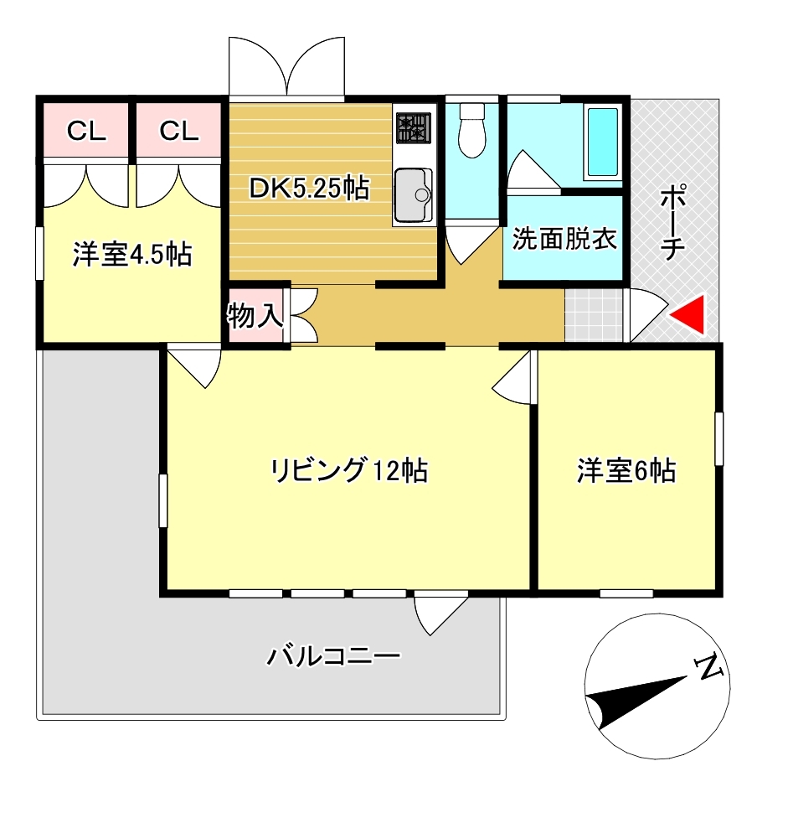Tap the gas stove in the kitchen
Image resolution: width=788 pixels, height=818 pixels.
(414, 127)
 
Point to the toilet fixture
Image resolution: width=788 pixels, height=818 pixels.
(472, 130)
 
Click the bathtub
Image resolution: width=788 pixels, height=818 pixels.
(603, 142)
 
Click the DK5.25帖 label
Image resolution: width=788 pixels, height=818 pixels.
(310, 189)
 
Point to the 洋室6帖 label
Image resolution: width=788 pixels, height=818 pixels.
(626, 470)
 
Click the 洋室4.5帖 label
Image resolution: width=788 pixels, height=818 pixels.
(132, 255)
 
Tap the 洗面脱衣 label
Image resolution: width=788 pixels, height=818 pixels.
(564, 239)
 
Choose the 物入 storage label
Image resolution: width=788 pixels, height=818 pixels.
(255, 316)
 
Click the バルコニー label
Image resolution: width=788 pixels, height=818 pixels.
(333, 655)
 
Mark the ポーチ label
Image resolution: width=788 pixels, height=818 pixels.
(672, 222)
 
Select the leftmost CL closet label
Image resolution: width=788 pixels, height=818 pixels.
(86, 132)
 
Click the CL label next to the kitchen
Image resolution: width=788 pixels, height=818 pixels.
(178, 132)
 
